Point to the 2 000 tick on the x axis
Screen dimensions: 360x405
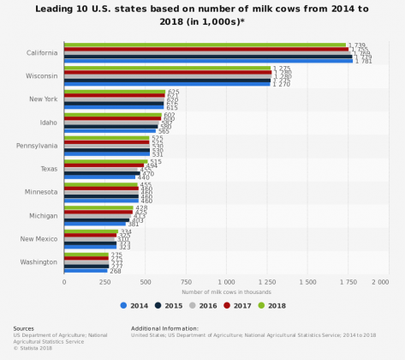tap(380, 281)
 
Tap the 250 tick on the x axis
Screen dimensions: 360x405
tap(104, 281)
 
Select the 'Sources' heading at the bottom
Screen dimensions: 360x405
tap(24, 327)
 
